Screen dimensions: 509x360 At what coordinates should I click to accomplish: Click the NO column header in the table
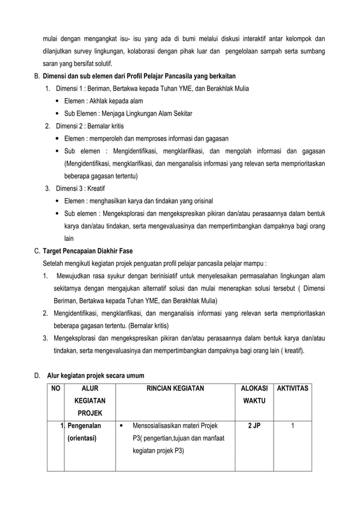click(55, 388)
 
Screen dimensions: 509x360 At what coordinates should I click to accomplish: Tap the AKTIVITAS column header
click(292, 388)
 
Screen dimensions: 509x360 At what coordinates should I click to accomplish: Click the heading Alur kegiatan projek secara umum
click(95, 375)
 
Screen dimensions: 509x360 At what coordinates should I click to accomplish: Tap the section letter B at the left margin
click(37, 76)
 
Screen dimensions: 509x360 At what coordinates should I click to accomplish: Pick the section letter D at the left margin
click(37, 375)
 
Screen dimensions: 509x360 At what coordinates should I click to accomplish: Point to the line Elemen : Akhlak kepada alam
click(103, 101)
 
